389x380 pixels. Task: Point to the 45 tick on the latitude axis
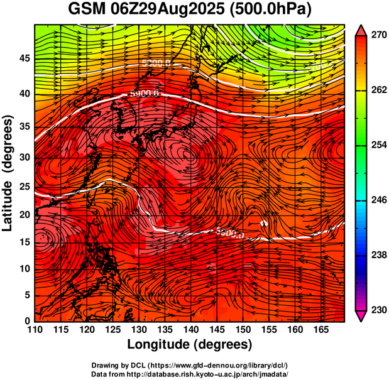[23, 58]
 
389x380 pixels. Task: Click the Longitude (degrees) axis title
[190, 344]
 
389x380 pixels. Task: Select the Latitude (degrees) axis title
[8, 173]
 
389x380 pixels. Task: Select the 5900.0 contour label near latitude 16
[229, 234]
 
